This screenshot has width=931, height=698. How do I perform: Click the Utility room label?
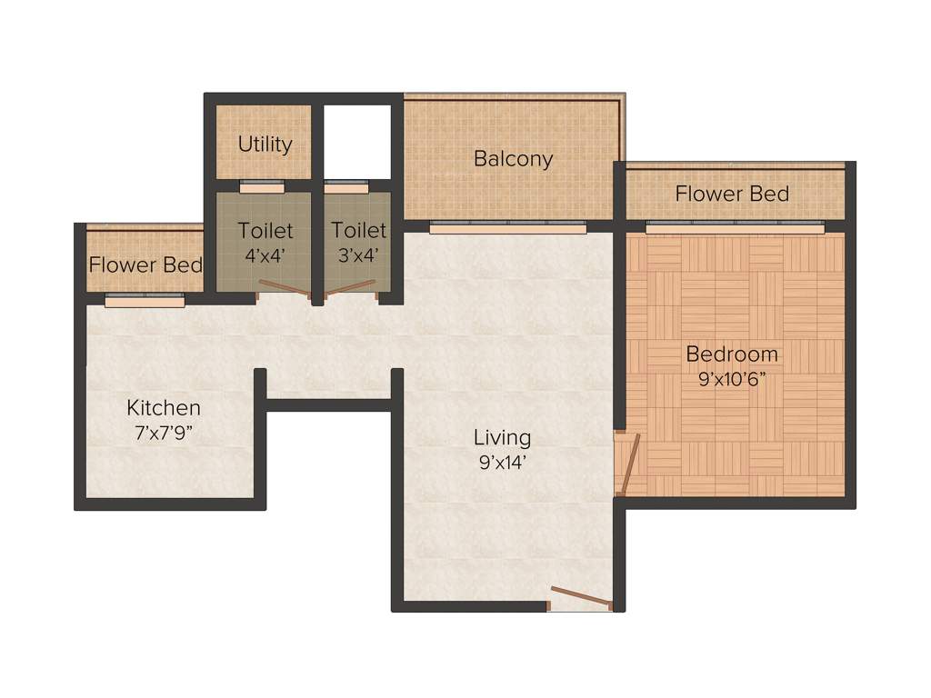pyautogui.click(x=265, y=145)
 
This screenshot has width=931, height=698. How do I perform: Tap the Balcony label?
pyautogui.click(x=513, y=158)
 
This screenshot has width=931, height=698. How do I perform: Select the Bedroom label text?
pyautogui.click(x=732, y=354)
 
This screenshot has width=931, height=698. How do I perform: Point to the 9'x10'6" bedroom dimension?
pyautogui.click(x=726, y=380)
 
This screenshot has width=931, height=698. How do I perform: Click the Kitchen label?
pyautogui.click(x=164, y=407)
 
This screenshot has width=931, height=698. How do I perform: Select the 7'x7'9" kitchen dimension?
pyautogui.click(x=164, y=433)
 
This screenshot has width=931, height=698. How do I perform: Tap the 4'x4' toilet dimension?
pyautogui.click(x=265, y=255)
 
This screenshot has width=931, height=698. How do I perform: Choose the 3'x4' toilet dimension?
pyautogui.click(x=357, y=255)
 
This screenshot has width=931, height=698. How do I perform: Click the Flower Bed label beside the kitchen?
pyautogui.click(x=145, y=266)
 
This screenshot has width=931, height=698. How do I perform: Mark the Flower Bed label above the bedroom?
pyautogui.click(x=732, y=194)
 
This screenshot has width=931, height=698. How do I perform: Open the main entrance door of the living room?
pyautogui.click(x=580, y=599)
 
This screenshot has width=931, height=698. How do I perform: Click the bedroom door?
pyautogui.click(x=628, y=464)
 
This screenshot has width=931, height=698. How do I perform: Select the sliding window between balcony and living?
pyautogui.click(x=507, y=229)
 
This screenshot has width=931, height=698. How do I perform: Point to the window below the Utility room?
pyautogui.click(x=262, y=188)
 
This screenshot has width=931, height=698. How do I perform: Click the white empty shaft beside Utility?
pyautogui.click(x=356, y=141)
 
